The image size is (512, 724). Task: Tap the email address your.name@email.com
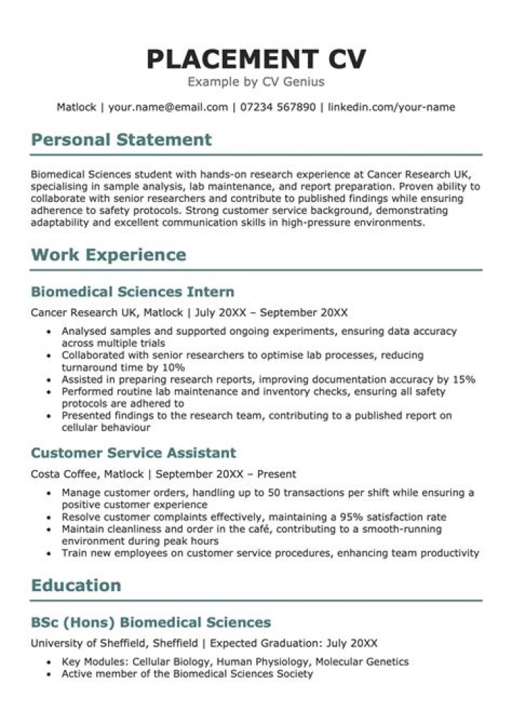click(168, 107)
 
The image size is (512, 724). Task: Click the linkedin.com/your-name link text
click(391, 107)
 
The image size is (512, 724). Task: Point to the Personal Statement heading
click(121, 139)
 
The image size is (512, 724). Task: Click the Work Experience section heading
click(108, 255)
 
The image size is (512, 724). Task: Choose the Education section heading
click(76, 585)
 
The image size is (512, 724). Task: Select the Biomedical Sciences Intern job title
click(132, 292)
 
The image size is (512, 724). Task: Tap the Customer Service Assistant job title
click(134, 453)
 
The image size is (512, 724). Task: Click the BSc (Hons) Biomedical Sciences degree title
click(151, 623)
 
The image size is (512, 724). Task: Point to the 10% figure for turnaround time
click(174, 368)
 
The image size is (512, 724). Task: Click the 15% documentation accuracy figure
click(464, 380)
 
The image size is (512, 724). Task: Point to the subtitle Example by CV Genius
click(255, 82)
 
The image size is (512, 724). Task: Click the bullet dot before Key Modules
click(48, 662)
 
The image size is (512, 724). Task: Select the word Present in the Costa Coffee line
click(277, 474)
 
